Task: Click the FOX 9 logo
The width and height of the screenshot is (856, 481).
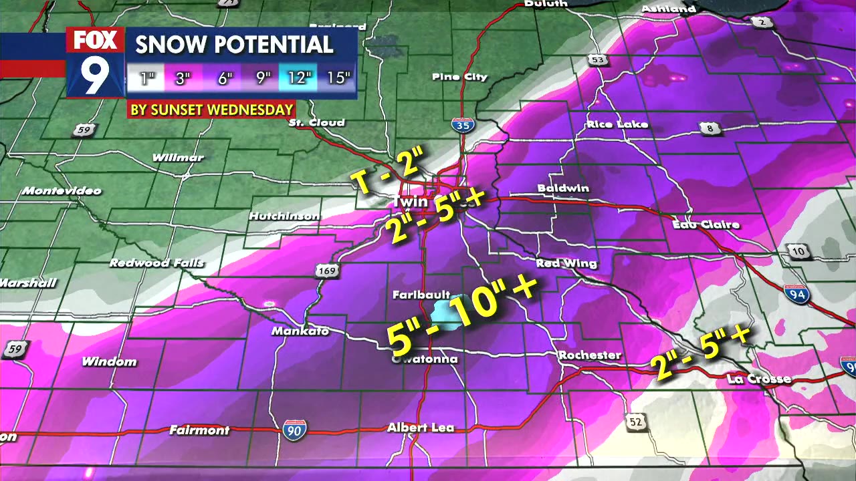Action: [95, 62]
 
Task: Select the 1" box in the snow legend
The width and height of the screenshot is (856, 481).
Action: [146, 78]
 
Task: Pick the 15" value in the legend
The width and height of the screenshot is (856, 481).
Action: [338, 77]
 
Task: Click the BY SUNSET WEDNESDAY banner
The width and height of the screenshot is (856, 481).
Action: [211, 110]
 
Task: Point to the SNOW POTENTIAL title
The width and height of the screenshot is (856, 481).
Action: [234, 45]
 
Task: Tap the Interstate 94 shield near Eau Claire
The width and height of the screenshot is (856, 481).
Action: [796, 293]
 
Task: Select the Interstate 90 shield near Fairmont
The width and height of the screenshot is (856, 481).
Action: [295, 430]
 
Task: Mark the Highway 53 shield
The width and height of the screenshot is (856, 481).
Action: [599, 61]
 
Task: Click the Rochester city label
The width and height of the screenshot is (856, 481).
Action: [590, 355]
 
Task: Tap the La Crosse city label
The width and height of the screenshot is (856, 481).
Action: [758, 379]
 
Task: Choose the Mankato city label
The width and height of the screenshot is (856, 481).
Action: [300, 331]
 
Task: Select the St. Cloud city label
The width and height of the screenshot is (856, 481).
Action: [317, 122]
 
